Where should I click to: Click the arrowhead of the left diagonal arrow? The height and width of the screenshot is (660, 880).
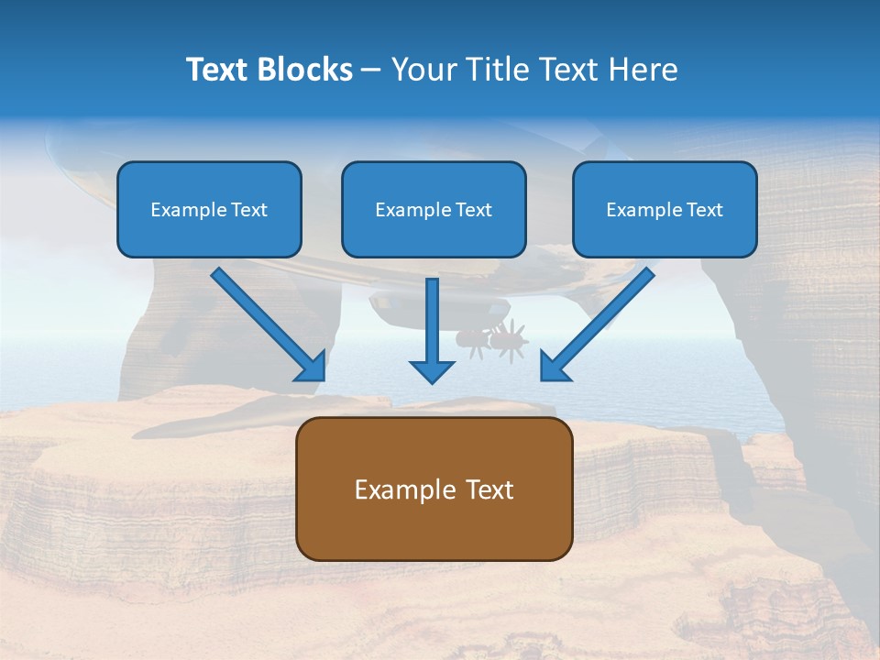[311, 366]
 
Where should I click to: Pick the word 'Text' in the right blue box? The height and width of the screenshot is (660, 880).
[704, 210]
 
